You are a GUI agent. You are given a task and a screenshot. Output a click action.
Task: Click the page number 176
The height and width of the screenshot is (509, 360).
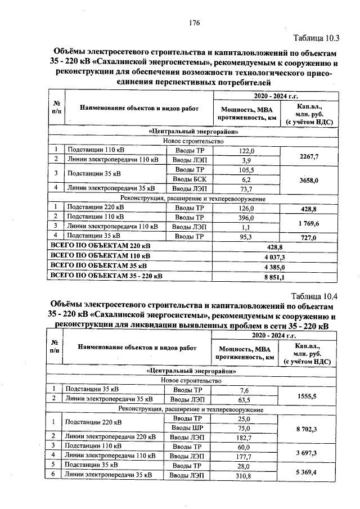click(195, 22)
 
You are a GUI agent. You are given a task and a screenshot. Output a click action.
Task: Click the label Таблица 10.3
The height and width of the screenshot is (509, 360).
click(317, 38)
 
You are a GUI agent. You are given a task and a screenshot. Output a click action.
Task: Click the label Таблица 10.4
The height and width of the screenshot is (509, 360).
click(315, 296)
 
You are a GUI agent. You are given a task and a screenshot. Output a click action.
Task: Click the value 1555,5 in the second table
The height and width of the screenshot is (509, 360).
click(306, 396)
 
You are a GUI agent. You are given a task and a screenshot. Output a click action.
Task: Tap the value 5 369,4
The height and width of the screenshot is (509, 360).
click(306, 471)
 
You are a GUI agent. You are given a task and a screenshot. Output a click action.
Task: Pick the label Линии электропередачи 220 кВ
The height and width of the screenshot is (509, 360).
click(110, 437)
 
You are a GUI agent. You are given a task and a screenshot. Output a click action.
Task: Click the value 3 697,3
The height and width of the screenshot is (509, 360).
click(306, 452)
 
